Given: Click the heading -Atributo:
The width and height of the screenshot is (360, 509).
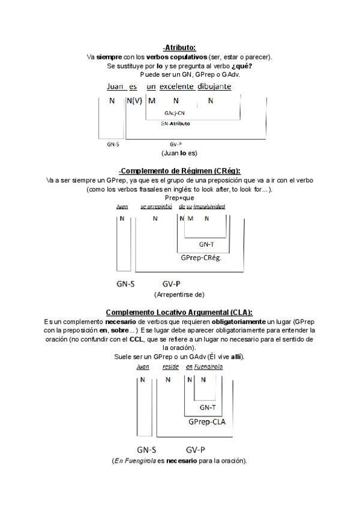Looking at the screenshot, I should pyautogui.click(x=179, y=47).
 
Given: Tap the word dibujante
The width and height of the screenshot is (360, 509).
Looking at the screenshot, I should pyautogui.click(x=212, y=86).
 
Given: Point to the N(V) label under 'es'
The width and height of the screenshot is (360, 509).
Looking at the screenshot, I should pyautogui.click(x=134, y=101).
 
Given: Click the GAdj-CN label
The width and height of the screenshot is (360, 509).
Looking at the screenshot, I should pyautogui.click(x=175, y=113).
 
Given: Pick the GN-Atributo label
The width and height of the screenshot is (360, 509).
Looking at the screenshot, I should pyautogui.click(x=175, y=124).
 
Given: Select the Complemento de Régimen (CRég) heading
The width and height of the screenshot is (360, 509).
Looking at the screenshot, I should pyautogui.click(x=179, y=171).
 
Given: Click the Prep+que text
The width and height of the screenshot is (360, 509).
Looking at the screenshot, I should pyautogui.click(x=179, y=197).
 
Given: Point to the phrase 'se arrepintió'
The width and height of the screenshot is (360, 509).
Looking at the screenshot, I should pyautogui.click(x=156, y=206).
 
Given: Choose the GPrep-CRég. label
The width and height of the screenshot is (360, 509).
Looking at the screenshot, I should pyautogui.click(x=202, y=258).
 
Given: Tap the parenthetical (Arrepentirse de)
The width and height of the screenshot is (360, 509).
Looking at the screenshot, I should pyautogui.click(x=179, y=295).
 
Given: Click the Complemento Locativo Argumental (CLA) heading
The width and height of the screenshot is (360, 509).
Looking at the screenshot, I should pyautogui.click(x=179, y=313).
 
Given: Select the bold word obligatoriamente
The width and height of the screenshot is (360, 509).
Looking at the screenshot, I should pyautogui.click(x=239, y=322).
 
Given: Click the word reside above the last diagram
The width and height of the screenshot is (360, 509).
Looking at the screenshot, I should pyautogui.click(x=171, y=366).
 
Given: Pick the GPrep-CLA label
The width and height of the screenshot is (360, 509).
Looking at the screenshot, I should pyautogui.click(x=206, y=422).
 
